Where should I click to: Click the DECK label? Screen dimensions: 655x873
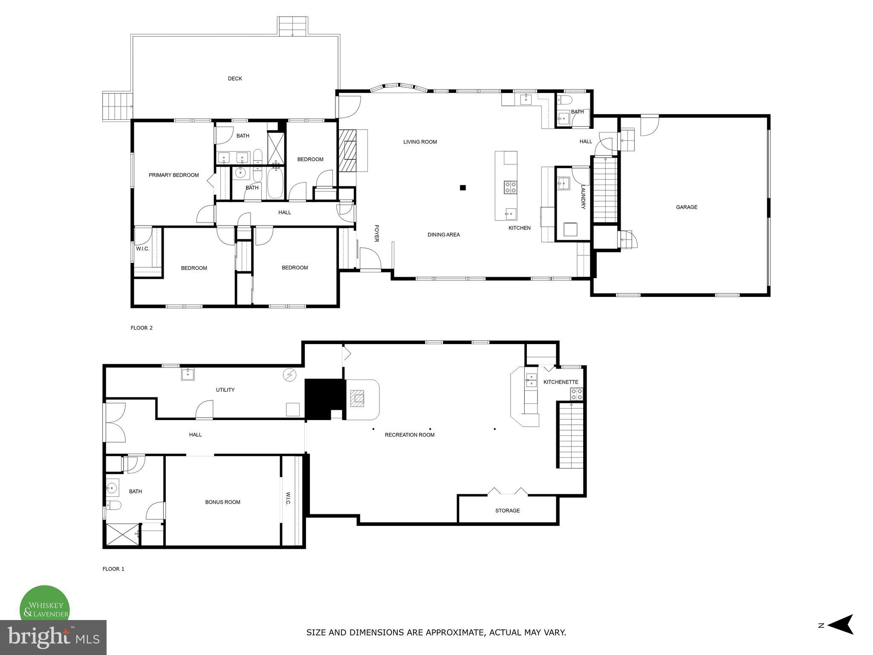235,78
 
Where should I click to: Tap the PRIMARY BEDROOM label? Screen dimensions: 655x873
173,175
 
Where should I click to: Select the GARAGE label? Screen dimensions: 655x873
686,207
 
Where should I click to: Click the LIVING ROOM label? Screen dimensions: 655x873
420,142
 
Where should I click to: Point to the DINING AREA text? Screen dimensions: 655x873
443,235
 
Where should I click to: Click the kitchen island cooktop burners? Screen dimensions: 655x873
510,187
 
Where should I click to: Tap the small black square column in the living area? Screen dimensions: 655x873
463,187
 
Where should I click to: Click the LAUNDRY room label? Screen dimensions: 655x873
583,197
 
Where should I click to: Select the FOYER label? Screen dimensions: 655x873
376,233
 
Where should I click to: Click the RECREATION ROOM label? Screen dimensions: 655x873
409,435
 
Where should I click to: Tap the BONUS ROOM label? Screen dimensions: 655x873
223,502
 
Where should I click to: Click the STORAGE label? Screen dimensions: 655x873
507,510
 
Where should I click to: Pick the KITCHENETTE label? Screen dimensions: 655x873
561,382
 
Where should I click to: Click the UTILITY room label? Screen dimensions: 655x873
225,390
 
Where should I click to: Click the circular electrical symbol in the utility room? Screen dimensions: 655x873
289,375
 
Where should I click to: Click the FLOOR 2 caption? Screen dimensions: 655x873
141,328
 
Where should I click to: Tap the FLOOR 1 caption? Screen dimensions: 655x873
113,569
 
